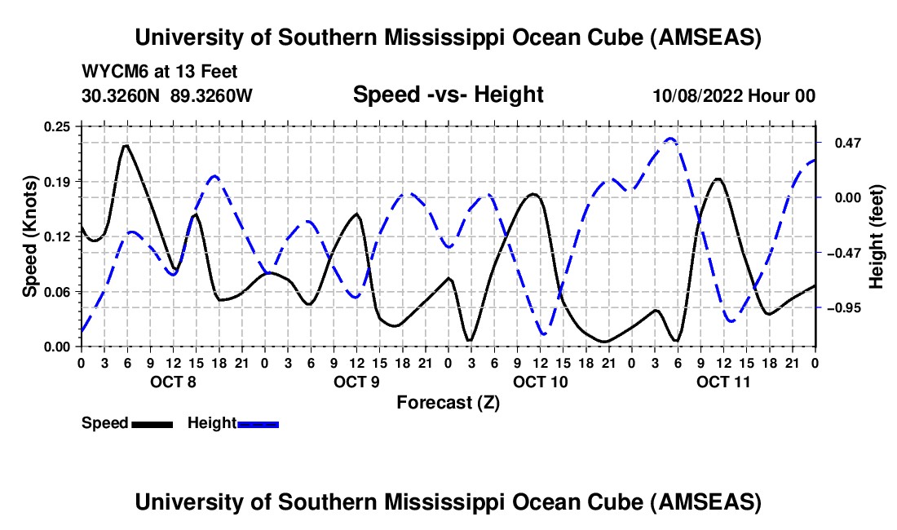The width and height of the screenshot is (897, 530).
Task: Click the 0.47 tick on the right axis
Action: pyautogui.click(x=847, y=143)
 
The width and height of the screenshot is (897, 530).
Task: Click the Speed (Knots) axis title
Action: pyautogui.click(x=29, y=236)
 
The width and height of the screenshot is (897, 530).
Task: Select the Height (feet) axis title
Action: pyautogui.click(x=877, y=236)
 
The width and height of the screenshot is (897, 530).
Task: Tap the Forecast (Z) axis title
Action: pyautogui.click(x=448, y=402)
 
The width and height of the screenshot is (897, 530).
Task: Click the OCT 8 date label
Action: pyautogui.click(x=172, y=382)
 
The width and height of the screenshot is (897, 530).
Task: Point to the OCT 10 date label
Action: pyautogui.click(x=540, y=382)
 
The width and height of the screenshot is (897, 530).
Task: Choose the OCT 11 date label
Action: pyautogui.click(x=723, y=382)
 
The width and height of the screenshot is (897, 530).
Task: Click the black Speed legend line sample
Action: pyautogui.click(x=152, y=423)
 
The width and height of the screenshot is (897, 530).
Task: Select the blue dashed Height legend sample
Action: pyautogui.click(x=258, y=423)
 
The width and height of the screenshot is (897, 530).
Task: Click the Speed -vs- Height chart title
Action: pyautogui.click(x=448, y=95)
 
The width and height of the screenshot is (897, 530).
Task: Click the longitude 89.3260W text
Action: pyautogui.click(x=212, y=95)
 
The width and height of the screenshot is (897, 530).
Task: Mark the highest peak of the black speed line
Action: pyautogui.click(x=126, y=146)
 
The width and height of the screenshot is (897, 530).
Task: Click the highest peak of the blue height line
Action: pyautogui.click(x=670, y=139)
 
